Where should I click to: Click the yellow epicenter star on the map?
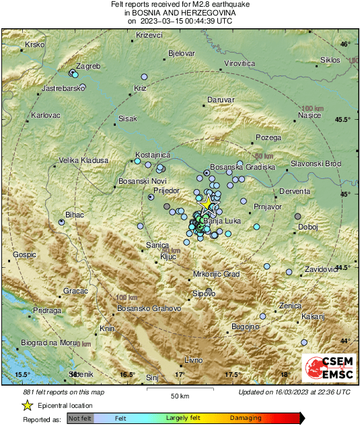click(x=209, y=203)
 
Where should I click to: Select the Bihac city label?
click(x=75, y=214)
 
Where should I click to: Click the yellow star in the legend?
click(x=28, y=405)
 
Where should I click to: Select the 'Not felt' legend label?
click(x=80, y=419)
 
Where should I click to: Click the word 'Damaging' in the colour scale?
click(x=246, y=419)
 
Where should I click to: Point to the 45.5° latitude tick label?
click(x=344, y=120)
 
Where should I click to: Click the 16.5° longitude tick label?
click(x=127, y=374)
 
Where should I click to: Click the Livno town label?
click(x=193, y=361)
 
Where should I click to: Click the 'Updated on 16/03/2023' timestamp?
click(x=294, y=392)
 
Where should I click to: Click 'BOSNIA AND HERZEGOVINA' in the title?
click(x=180, y=12)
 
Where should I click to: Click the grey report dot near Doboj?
click(x=298, y=216)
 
